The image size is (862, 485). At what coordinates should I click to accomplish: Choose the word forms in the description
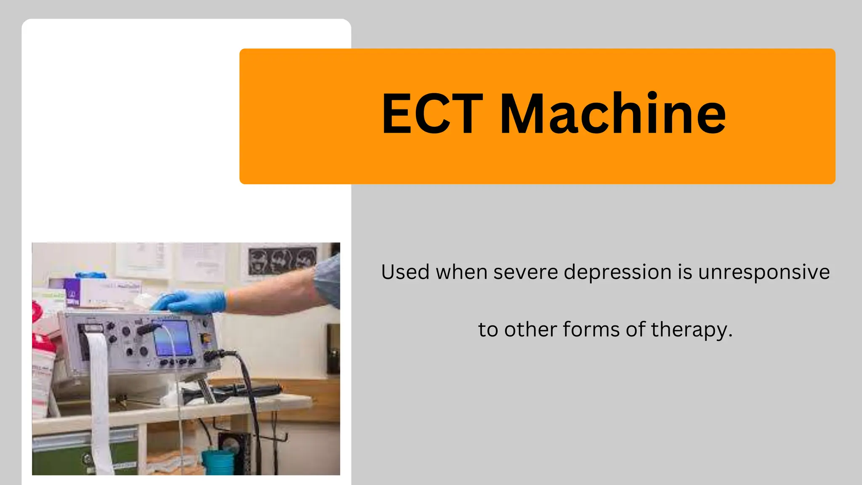[591, 329]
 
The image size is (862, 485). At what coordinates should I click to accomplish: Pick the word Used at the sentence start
[405, 272]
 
